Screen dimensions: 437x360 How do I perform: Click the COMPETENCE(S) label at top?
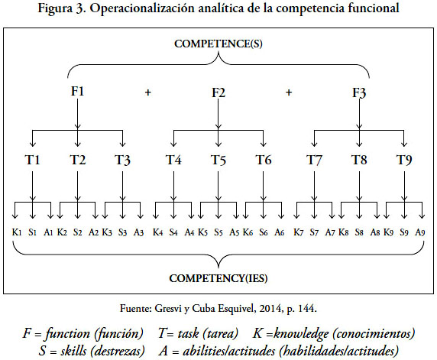(x=218, y=44)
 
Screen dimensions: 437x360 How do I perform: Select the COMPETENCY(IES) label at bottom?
(x=218, y=278)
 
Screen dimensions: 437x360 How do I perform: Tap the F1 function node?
(x=77, y=91)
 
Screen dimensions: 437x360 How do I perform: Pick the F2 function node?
(x=218, y=92)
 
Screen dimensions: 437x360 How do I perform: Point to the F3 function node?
(x=359, y=92)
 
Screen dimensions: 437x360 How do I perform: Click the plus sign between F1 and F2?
(x=148, y=92)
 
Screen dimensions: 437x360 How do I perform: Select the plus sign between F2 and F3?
(x=289, y=92)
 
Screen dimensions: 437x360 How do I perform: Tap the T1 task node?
(x=32, y=160)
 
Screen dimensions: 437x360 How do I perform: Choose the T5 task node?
(x=218, y=160)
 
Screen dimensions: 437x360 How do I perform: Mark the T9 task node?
(x=404, y=160)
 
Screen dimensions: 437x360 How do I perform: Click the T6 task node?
(x=264, y=160)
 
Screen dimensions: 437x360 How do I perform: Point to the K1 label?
(x=17, y=232)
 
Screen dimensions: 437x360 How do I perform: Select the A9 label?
(x=420, y=232)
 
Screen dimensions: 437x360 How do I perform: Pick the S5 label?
(x=218, y=232)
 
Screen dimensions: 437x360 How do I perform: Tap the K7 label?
(x=298, y=232)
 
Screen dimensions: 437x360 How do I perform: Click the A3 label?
(x=138, y=232)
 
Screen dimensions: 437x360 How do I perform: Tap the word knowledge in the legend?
(x=301, y=334)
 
